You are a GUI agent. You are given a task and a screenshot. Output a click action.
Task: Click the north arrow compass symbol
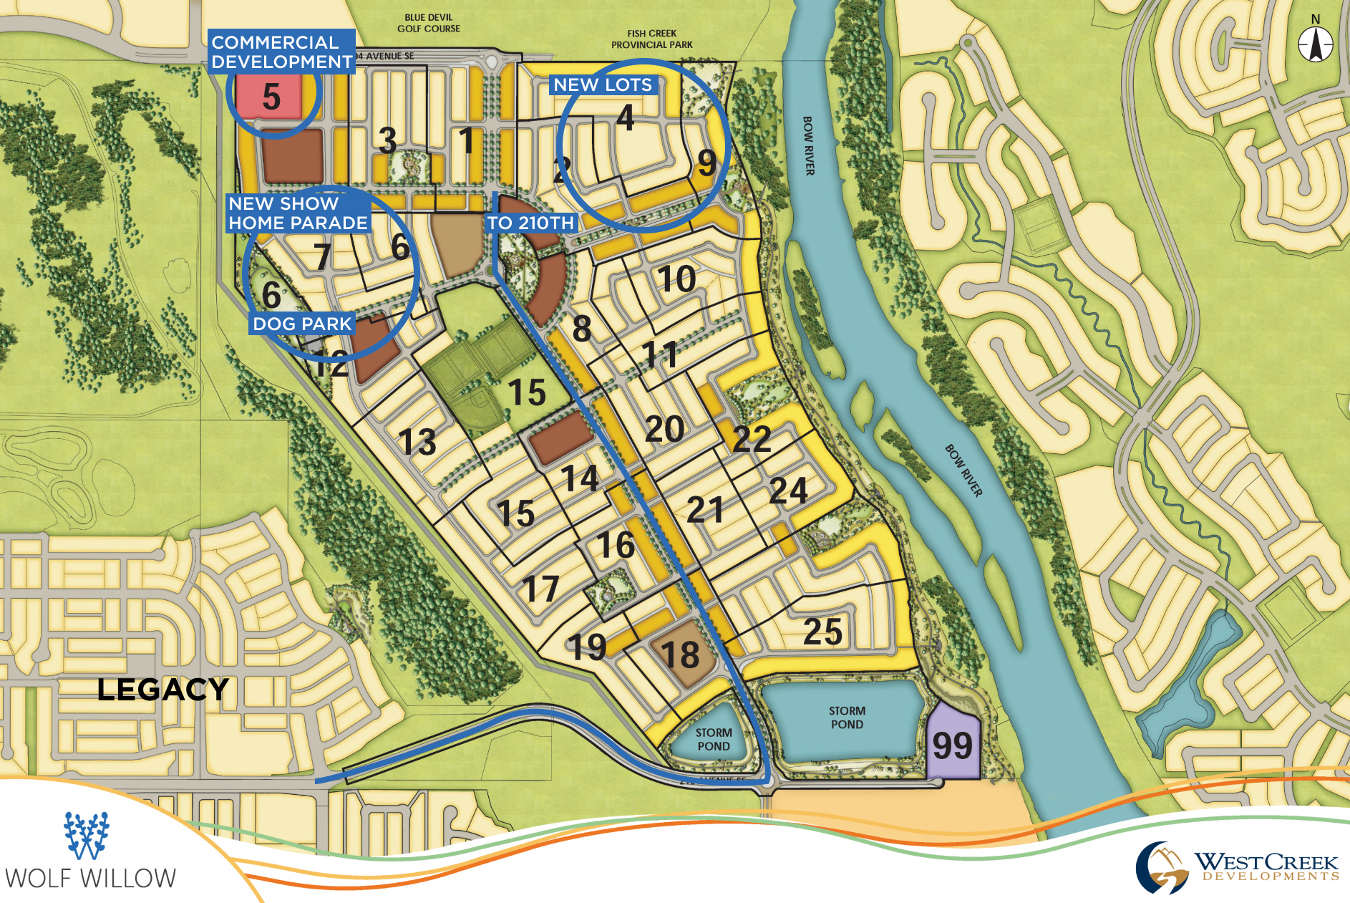1316,44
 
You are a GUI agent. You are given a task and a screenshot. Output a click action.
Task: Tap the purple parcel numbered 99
952,745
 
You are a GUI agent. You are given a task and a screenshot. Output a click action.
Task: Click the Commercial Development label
281,52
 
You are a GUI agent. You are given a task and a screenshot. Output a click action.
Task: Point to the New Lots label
603,84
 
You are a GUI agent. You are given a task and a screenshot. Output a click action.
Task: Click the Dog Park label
302,324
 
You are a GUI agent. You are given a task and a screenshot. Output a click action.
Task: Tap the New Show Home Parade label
298,213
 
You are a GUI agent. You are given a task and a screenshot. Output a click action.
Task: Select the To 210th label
530,223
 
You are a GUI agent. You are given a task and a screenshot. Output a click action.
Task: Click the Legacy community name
162,690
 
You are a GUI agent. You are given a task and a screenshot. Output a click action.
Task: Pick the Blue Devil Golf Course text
428,23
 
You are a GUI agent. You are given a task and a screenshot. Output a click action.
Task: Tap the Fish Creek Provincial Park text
651,39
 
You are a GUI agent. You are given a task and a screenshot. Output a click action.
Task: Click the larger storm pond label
847,718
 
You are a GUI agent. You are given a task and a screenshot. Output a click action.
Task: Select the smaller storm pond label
713,739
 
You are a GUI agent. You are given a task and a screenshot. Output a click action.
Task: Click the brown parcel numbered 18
680,655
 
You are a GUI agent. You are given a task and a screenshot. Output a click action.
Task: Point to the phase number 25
822,632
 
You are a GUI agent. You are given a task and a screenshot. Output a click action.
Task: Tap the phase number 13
417,442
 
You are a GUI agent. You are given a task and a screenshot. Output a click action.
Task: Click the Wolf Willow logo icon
86,835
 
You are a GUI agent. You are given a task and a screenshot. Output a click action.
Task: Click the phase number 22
752,438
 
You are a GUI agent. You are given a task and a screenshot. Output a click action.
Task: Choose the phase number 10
676,279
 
